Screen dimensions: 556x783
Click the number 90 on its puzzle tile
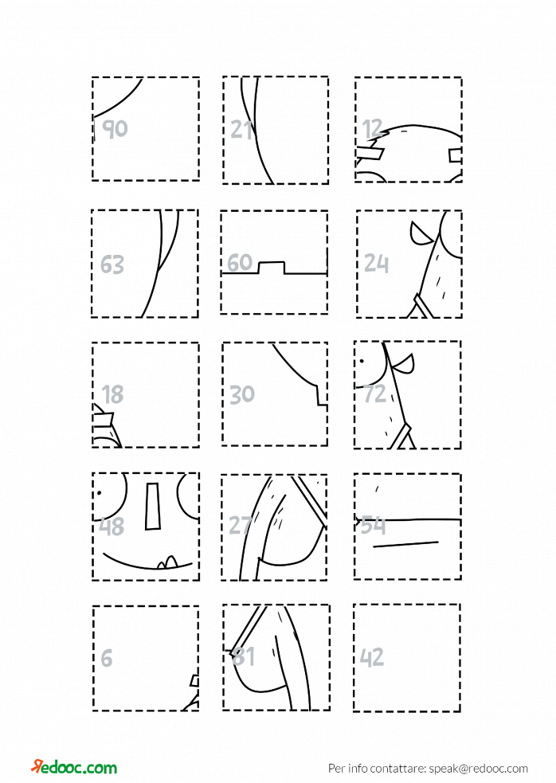pyautogui.click(x=115, y=129)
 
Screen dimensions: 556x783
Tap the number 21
pyautogui.click(x=242, y=129)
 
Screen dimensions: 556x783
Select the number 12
pyautogui.click(x=373, y=129)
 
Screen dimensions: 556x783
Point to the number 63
pyautogui.click(x=112, y=264)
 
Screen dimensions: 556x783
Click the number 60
pyautogui.click(x=240, y=262)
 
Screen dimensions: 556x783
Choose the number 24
pyautogui.click(x=376, y=263)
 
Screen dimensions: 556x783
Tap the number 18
pyautogui.click(x=112, y=394)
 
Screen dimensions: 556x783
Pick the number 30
pyautogui.click(x=242, y=394)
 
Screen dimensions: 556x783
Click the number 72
pyautogui.click(x=374, y=394)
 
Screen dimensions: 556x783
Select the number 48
pyautogui.click(x=112, y=527)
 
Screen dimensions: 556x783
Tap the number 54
pyautogui.click(x=373, y=525)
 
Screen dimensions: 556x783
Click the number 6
pyautogui.click(x=107, y=658)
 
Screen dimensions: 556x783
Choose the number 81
pyautogui.click(x=244, y=656)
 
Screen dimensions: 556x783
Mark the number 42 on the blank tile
pyautogui.click(x=372, y=657)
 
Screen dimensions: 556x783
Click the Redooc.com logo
pyautogui.click(x=74, y=767)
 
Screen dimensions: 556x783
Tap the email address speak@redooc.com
pyautogui.click(x=479, y=768)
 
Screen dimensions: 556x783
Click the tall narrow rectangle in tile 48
pyautogui.click(x=152, y=506)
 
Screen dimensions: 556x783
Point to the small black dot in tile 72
pyautogui.click(x=361, y=361)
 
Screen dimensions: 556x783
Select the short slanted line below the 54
pyautogui.click(x=405, y=544)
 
